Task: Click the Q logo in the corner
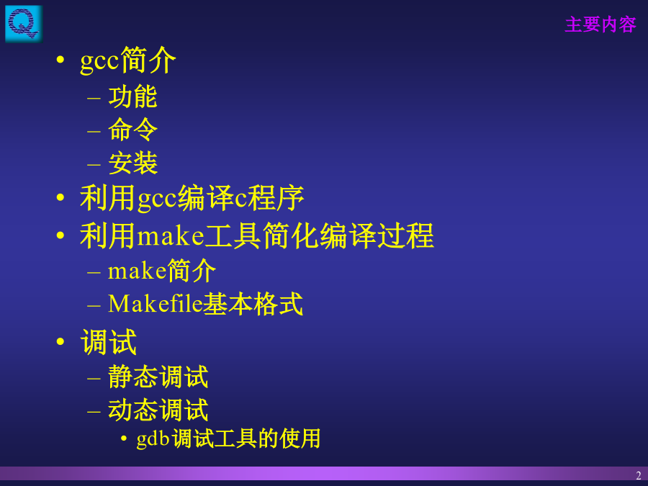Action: click(24, 24)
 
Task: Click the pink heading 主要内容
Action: click(600, 24)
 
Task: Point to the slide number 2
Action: click(639, 475)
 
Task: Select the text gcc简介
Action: click(128, 60)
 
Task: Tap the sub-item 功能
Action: click(132, 96)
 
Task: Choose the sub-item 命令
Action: click(132, 130)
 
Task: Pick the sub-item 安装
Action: click(132, 163)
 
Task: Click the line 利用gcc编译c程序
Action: click(192, 198)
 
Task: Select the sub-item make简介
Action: click(161, 271)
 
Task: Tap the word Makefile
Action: click(155, 304)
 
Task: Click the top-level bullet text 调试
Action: click(109, 342)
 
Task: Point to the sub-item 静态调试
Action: click(158, 377)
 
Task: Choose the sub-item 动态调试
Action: click(158, 410)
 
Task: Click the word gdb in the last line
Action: click(153, 439)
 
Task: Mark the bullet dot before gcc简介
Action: click(60, 60)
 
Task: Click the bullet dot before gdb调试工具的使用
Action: click(124, 438)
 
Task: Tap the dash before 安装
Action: click(94, 164)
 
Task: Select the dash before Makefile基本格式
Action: click(94, 306)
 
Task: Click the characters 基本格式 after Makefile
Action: click(253, 304)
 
